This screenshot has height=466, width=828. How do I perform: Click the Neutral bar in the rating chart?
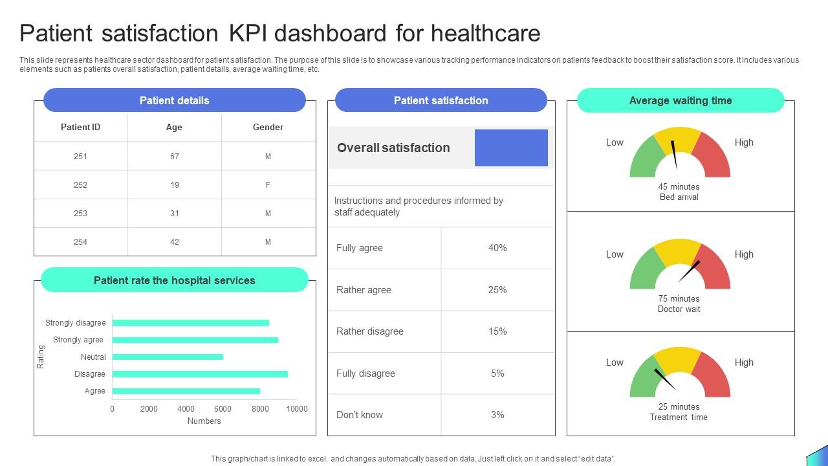(x=168, y=357)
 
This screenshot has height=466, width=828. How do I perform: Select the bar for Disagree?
(x=200, y=374)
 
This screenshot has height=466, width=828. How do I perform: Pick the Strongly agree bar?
(x=195, y=340)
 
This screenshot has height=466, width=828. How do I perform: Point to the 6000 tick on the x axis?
(x=223, y=408)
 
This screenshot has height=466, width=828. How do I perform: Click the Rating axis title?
(x=41, y=357)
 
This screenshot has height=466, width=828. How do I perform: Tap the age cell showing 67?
(x=174, y=156)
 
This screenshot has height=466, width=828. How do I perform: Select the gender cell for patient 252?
(x=268, y=184)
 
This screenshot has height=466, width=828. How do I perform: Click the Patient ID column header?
(x=80, y=127)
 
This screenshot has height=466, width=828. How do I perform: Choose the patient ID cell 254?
(x=80, y=241)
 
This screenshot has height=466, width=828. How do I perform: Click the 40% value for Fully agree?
(x=497, y=248)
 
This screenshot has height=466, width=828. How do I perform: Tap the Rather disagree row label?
(x=370, y=331)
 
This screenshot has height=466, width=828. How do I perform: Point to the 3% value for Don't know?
(x=497, y=415)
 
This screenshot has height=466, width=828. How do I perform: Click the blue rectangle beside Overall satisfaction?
(x=511, y=148)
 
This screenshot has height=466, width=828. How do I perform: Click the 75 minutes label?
(x=679, y=298)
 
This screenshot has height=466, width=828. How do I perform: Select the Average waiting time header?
(x=681, y=100)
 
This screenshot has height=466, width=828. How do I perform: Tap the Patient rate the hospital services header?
(x=175, y=280)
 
